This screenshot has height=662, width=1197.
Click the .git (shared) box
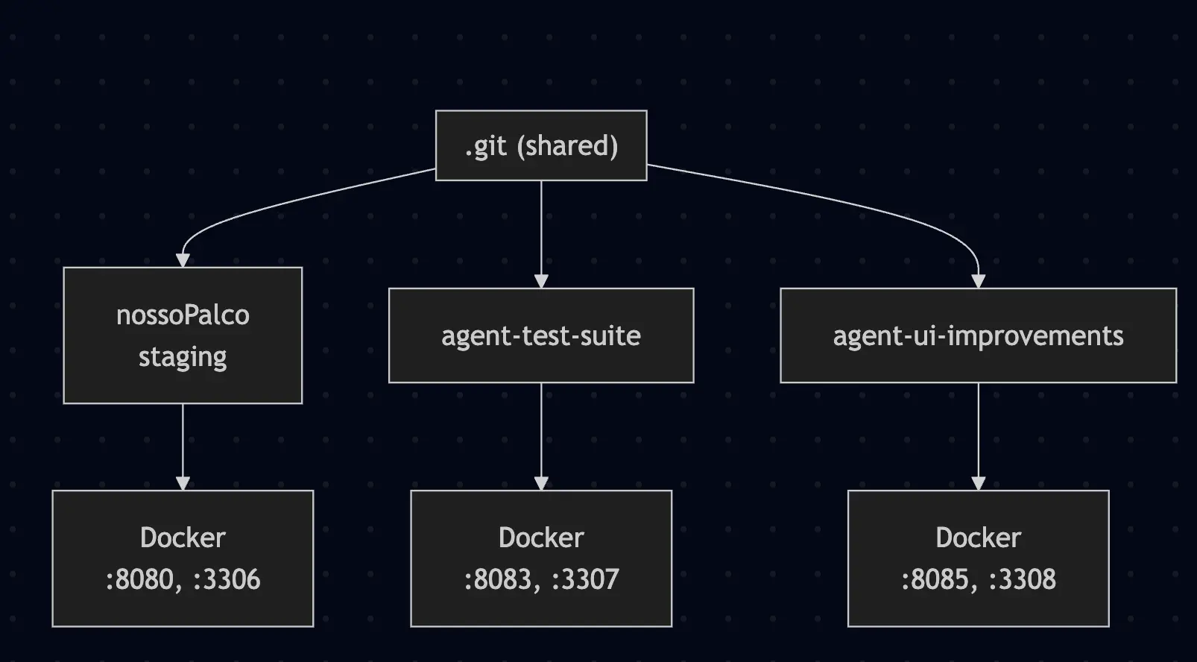coord(541,145)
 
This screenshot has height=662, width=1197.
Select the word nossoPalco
coord(183,315)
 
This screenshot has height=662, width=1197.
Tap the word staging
coord(183,356)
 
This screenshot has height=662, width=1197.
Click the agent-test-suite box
coord(541,335)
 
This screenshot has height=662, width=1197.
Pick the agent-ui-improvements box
coord(978,335)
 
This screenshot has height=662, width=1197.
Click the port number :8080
coord(139,579)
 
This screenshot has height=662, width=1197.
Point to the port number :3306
coord(227,579)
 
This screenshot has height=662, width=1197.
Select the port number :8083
coord(497,579)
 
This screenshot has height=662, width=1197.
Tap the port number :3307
coord(585,579)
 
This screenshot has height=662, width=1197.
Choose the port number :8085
coord(935,579)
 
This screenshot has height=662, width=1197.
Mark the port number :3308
coord(1022,579)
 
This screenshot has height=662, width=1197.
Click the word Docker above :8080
coord(183,538)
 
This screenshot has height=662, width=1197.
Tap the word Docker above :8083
coord(541,538)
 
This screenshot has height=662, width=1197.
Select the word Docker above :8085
coord(978,538)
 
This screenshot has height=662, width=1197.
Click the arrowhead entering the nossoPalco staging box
coord(183,260)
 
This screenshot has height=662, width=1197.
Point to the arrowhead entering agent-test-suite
coord(541,281)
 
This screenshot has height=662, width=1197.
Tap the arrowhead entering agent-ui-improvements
coord(978,281)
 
